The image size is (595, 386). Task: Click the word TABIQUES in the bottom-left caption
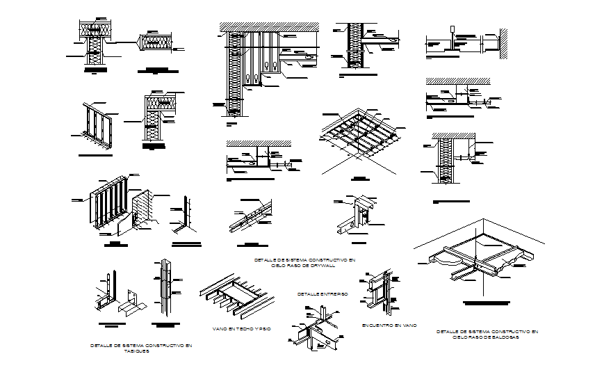coord(136,351)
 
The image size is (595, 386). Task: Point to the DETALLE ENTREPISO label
coord(322,294)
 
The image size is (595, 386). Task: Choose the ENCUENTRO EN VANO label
coord(389,325)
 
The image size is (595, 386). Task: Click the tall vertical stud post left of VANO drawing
coord(167,285)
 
